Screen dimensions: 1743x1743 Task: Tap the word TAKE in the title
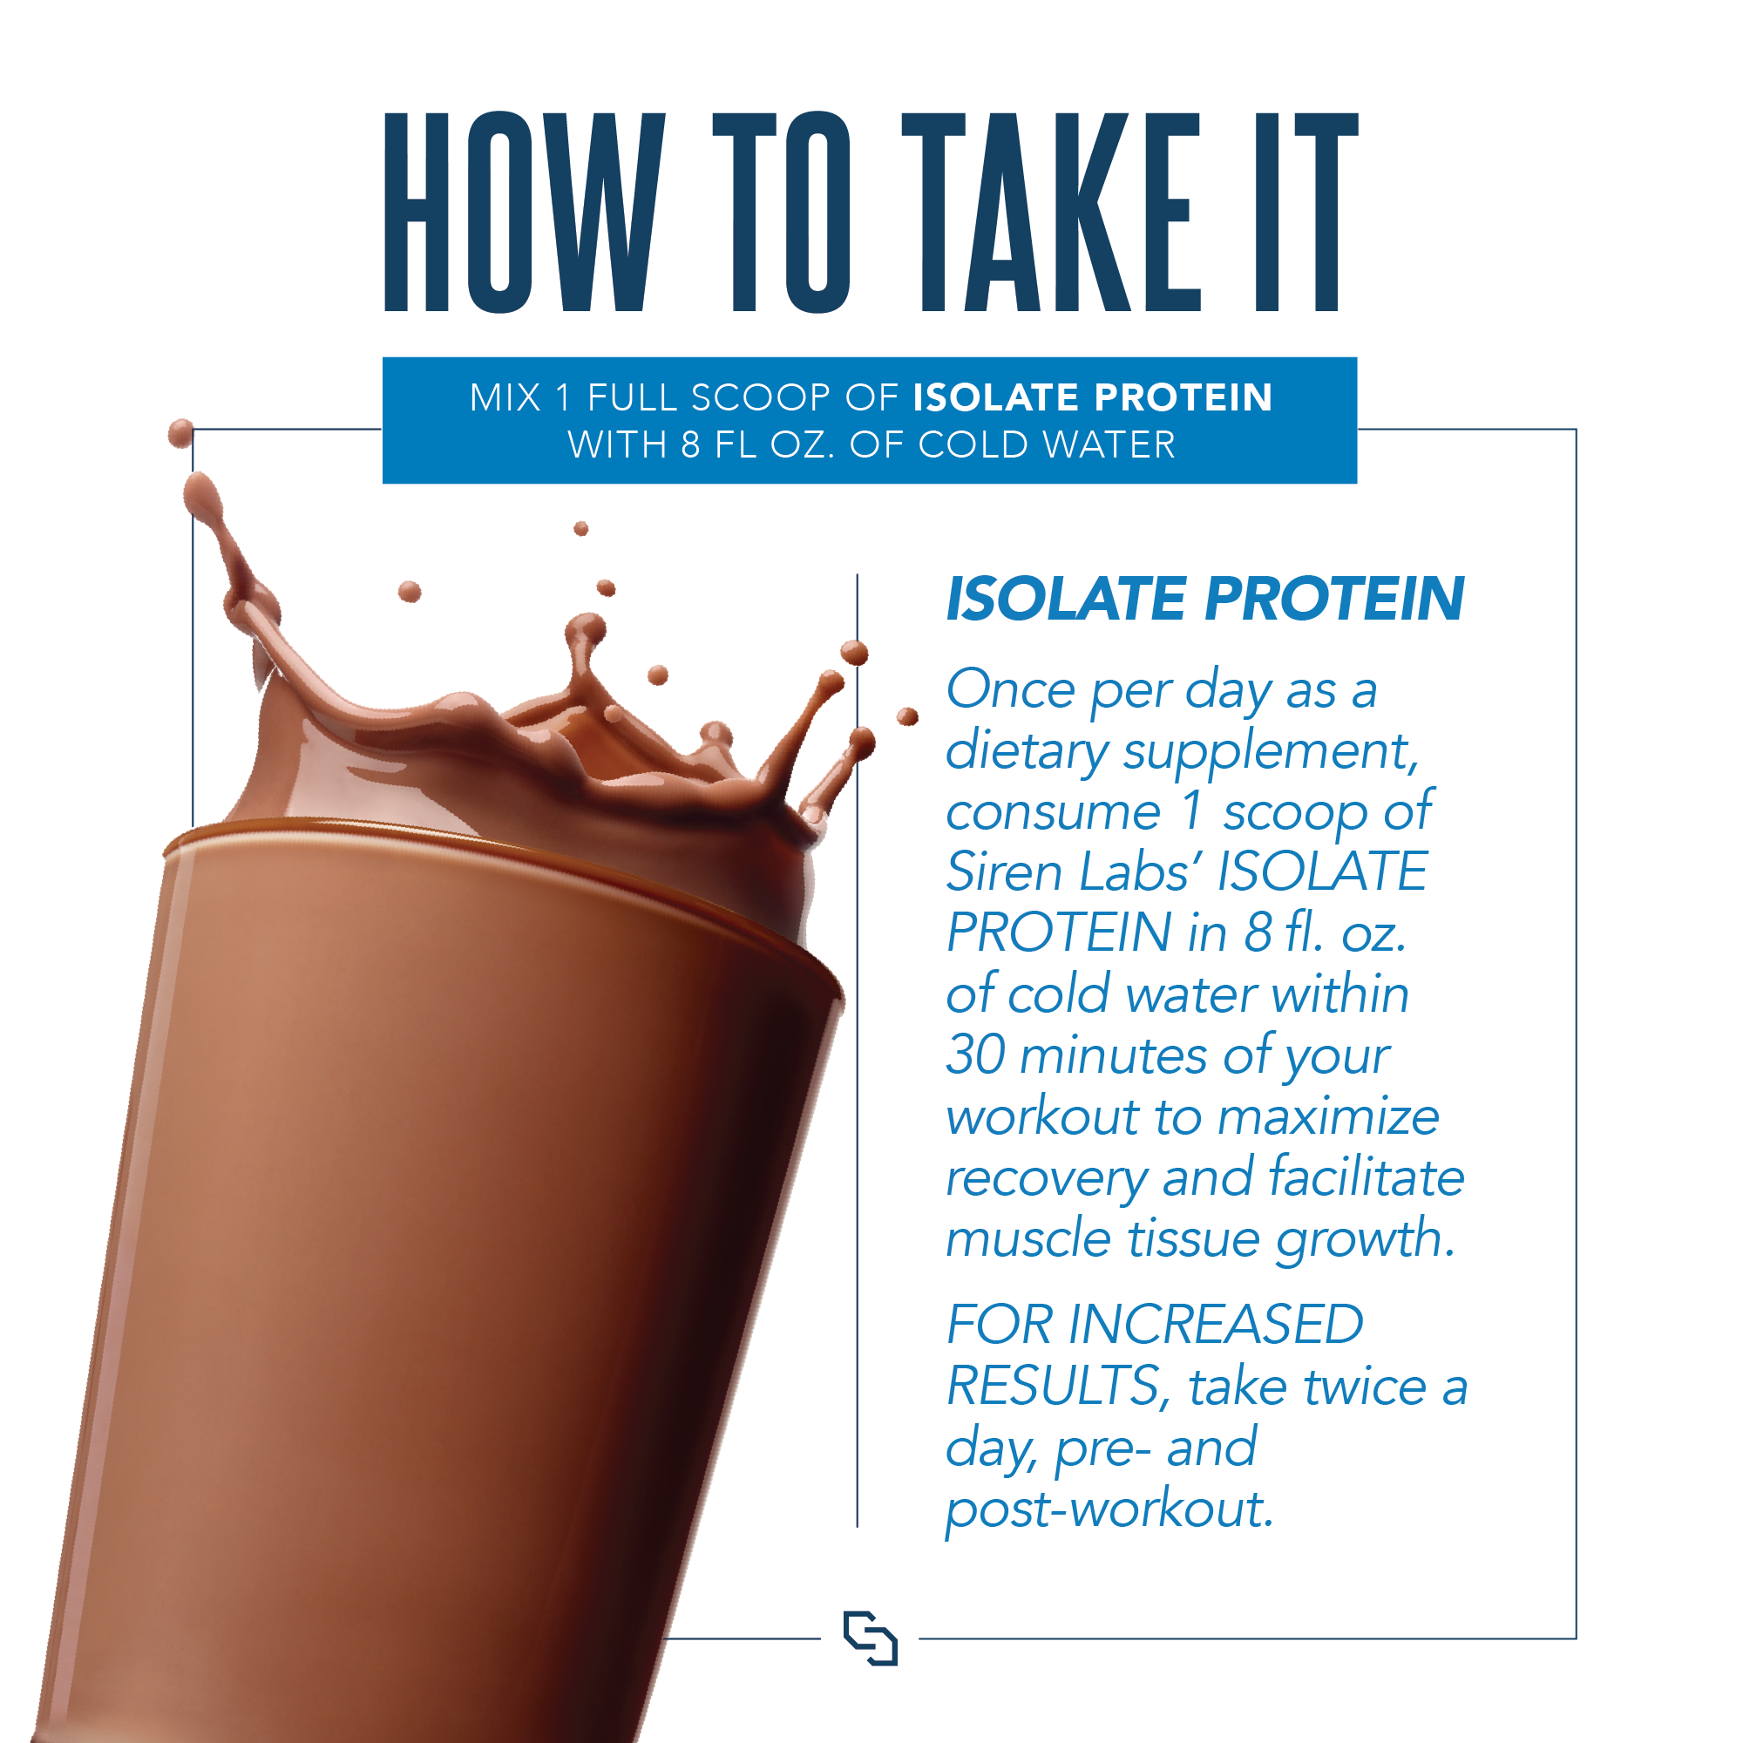click(x=1052, y=213)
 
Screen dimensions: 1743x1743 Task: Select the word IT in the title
click(x=1306, y=213)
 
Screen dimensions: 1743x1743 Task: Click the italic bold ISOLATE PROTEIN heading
click(x=1204, y=599)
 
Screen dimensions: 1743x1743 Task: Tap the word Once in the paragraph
click(x=1010, y=690)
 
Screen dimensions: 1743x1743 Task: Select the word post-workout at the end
click(x=1108, y=1509)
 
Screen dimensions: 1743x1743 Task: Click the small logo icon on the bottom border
click(x=870, y=1638)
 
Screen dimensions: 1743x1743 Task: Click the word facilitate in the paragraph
click(x=1366, y=1177)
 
